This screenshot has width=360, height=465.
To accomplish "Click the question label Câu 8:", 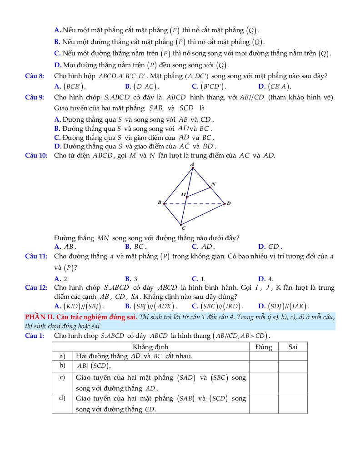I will (x=35, y=76).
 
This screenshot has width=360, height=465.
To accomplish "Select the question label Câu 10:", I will (x=36, y=155).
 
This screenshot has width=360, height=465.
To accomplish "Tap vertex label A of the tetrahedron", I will (x=192, y=164).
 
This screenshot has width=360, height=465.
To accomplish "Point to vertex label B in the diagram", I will (x=159, y=203).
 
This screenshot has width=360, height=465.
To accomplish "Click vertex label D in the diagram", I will (x=229, y=203).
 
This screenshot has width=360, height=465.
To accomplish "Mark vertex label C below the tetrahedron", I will (x=183, y=228).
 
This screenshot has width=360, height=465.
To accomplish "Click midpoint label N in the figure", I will (x=213, y=184).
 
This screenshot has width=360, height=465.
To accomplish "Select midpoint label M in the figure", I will (x=183, y=194).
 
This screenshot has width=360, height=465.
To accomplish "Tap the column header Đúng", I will (x=264, y=347).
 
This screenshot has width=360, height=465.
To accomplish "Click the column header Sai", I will (x=293, y=347).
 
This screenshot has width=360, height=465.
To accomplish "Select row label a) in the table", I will (x=62, y=356).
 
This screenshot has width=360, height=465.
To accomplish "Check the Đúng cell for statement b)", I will (x=264, y=366).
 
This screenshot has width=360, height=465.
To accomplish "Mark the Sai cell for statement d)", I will (x=293, y=403).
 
